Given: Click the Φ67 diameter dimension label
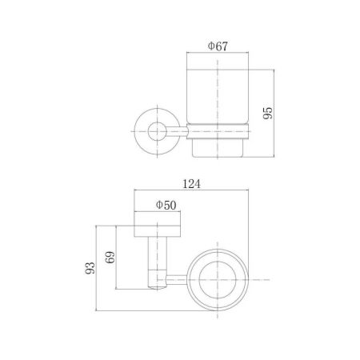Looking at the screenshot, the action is point(218,46).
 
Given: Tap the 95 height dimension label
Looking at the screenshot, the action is point(268,113).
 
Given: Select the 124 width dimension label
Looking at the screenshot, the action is point(191,184).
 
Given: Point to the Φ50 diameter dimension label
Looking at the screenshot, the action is point(166,205).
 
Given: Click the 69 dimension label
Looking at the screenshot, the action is point(110,257).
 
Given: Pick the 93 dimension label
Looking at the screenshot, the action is point(90,268).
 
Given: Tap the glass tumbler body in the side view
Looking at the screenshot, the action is point(218,97).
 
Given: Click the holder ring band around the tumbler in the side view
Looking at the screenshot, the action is point(218,131).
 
